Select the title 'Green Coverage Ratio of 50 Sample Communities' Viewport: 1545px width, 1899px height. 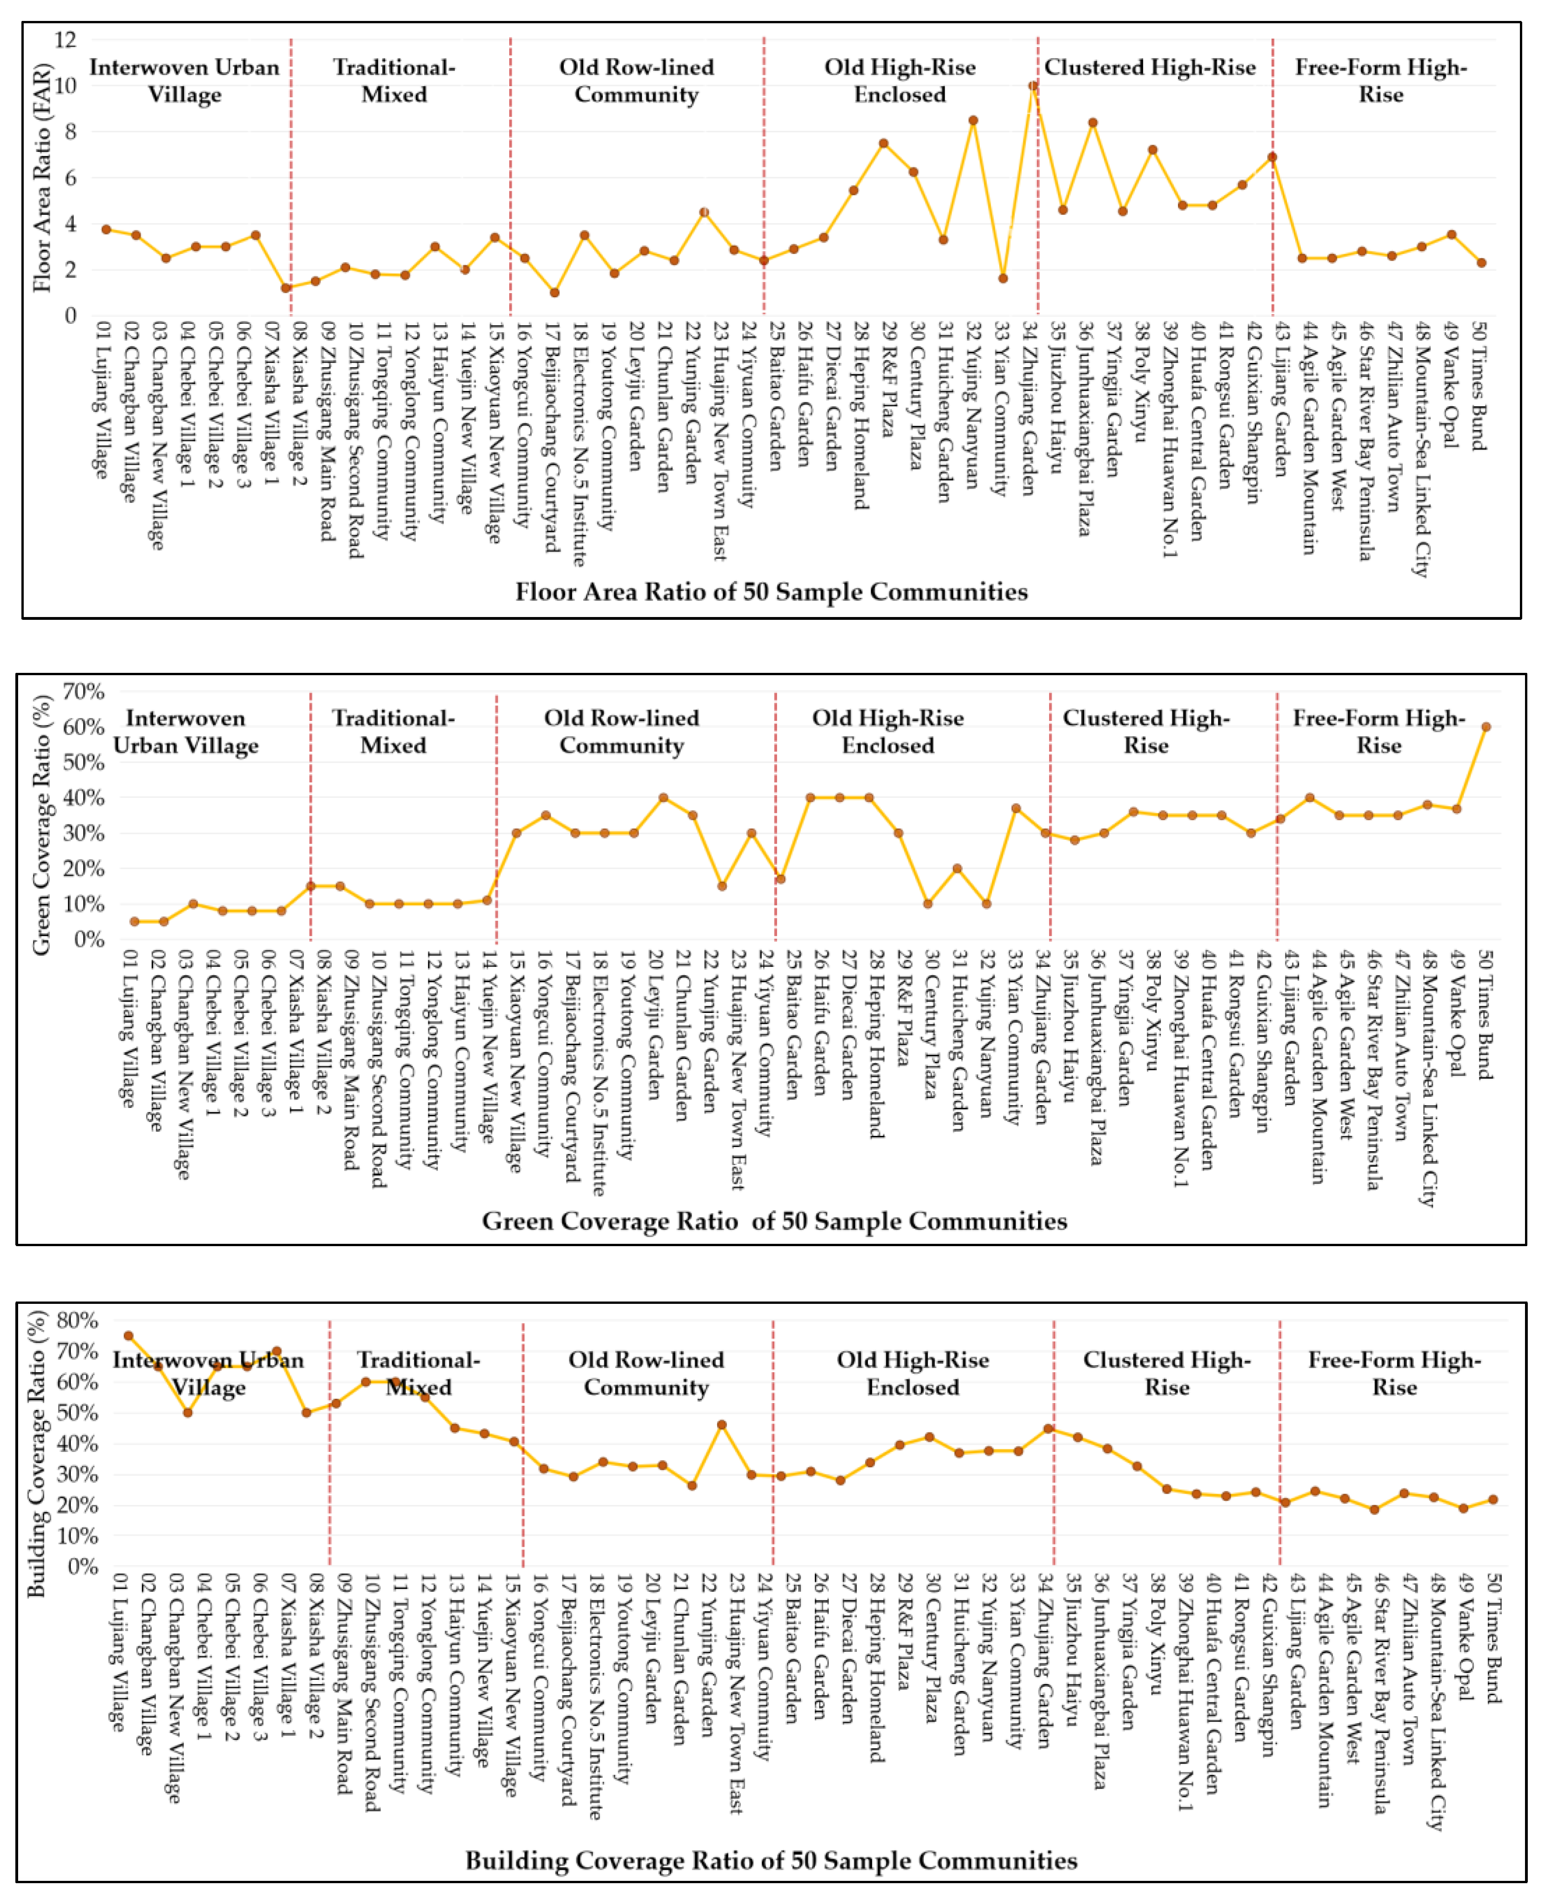click(x=774, y=1221)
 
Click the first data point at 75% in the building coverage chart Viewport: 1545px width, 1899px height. click(x=128, y=1335)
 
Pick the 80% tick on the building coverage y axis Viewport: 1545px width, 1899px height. click(x=77, y=1320)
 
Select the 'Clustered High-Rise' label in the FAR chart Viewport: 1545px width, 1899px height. click(x=1150, y=67)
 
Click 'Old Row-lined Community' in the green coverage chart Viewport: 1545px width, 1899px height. click(x=621, y=732)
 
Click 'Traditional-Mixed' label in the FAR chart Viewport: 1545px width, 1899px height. click(x=394, y=81)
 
